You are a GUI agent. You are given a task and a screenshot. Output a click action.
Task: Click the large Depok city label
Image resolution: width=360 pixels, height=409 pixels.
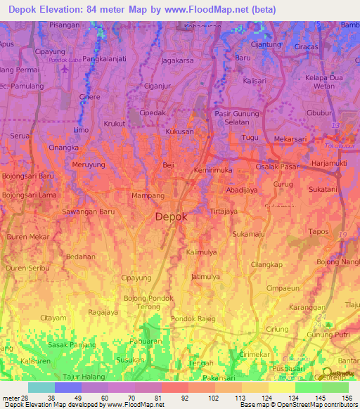(x=171, y=217)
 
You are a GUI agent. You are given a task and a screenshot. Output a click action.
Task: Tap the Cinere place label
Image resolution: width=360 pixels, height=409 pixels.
(x=89, y=97)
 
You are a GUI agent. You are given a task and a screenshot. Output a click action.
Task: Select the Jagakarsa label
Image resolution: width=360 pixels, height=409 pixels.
(x=177, y=61)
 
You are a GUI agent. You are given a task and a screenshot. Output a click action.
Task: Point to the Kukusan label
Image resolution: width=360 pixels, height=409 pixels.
(x=179, y=131)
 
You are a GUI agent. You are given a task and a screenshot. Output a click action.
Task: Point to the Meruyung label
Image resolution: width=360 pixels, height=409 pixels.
(x=88, y=164)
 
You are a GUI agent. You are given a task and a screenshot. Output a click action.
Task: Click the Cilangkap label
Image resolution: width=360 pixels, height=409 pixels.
(x=266, y=265)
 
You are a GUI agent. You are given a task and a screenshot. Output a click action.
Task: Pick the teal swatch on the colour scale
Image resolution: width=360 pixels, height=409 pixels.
(x=41, y=387)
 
